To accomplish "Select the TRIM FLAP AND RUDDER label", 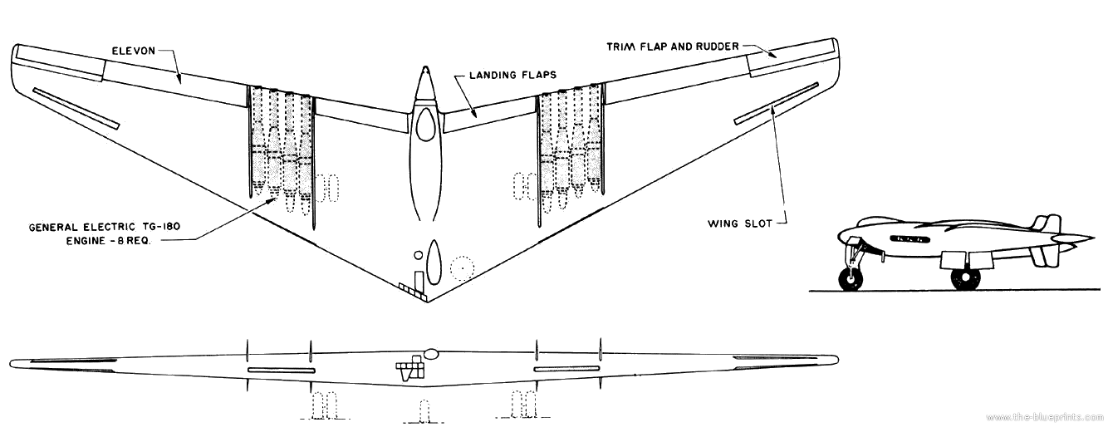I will (x=671, y=47).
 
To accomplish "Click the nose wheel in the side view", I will (x=849, y=278).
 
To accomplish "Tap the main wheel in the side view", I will (x=963, y=277).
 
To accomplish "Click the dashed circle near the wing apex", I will (x=462, y=268).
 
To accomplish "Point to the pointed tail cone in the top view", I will (x=425, y=83).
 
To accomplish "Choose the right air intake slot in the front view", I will (x=566, y=368).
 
